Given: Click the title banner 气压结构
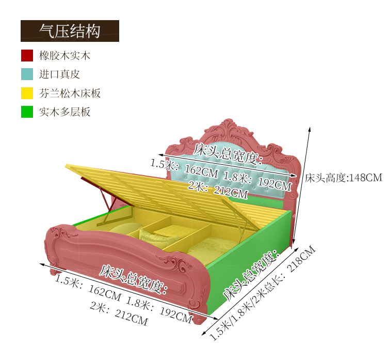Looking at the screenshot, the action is [70, 31].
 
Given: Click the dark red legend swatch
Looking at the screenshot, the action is [27, 56].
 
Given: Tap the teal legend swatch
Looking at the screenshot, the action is [27, 74].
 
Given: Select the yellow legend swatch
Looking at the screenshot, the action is [27, 93].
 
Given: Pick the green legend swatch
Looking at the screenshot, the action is [27, 112].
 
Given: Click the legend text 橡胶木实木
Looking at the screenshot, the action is [64, 56].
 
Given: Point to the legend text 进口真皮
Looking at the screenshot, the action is [59, 74].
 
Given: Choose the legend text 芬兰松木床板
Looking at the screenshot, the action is [70, 93].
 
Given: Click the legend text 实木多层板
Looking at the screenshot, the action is [64, 112].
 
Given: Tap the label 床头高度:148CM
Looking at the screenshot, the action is [343, 178].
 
